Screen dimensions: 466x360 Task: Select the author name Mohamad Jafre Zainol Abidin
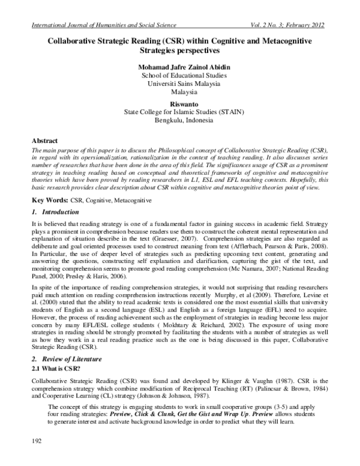(180, 67)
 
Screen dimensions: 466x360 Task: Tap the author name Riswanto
(180, 103)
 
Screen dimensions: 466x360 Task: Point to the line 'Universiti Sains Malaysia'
(180, 84)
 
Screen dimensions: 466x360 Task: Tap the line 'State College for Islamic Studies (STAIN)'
(180, 112)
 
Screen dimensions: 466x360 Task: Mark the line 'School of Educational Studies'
(180, 76)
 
